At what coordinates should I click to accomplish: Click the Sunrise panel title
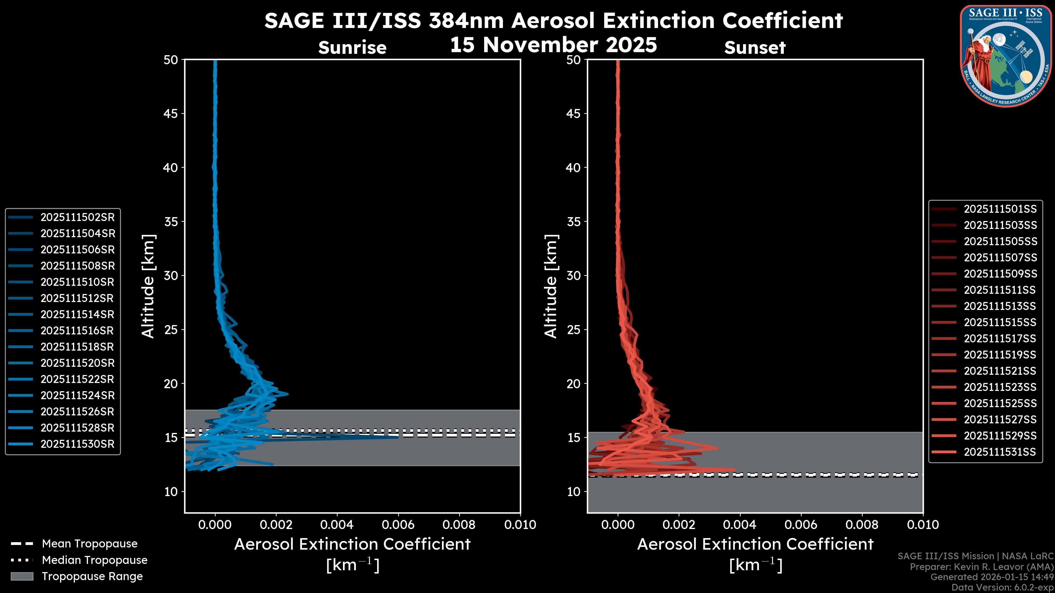[x=352, y=47]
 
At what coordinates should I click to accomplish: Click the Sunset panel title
[x=755, y=47]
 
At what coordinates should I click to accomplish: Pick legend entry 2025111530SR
[x=77, y=444]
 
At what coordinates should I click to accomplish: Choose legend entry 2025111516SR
[x=77, y=330]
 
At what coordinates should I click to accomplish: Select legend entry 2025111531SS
[x=1000, y=452]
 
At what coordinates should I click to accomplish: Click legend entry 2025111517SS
[x=1000, y=339]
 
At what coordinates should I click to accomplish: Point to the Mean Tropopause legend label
[x=90, y=544]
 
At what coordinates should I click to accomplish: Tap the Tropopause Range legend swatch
[x=22, y=576]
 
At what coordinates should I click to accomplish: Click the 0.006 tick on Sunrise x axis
[x=398, y=525]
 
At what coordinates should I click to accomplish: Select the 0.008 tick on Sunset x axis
[x=862, y=525]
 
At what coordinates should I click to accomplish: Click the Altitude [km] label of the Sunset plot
[x=551, y=286]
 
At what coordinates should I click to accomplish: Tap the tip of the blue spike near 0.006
[x=397, y=437]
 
